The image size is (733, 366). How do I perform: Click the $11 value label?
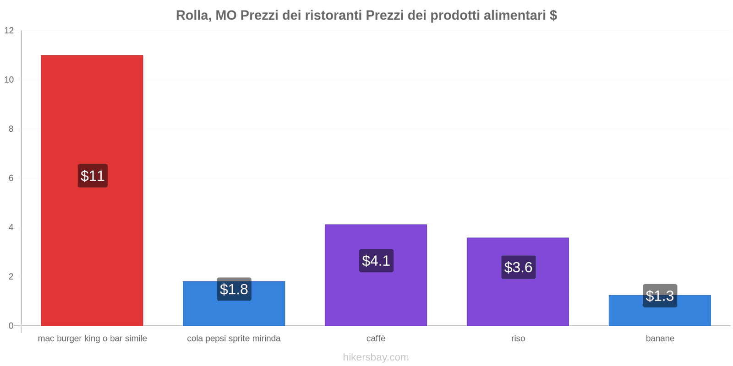click(93, 176)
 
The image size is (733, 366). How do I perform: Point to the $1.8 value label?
click(234, 289)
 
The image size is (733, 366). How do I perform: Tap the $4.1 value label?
click(376, 260)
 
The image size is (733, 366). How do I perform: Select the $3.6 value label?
click(518, 267)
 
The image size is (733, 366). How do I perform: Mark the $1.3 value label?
click(660, 296)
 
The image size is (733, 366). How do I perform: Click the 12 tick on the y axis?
click(9, 31)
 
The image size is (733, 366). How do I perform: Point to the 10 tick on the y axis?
click(9, 80)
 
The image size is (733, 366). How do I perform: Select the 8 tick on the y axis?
click(11, 129)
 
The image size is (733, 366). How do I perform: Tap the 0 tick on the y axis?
click(11, 326)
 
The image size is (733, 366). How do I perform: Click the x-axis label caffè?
click(376, 339)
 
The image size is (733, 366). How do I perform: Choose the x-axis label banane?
click(660, 339)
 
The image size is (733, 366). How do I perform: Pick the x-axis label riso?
click(518, 339)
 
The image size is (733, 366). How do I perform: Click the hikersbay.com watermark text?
click(376, 357)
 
